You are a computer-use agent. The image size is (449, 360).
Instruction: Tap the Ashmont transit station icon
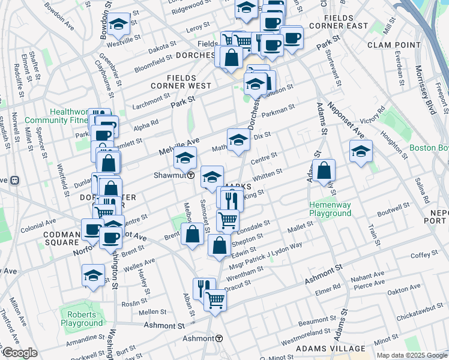click(220, 338)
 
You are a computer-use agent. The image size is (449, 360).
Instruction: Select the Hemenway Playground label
click(330, 209)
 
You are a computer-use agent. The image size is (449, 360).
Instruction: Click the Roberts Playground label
click(82, 319)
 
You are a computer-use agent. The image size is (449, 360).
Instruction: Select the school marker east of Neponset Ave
click(361, 151)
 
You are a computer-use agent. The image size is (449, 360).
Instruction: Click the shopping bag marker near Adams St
click(324, 171)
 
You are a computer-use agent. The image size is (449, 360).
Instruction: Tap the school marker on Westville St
click(118, 25)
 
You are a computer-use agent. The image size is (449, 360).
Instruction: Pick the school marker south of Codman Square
click(93, 275)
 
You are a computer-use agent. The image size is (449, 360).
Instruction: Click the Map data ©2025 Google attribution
click(411, 355)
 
